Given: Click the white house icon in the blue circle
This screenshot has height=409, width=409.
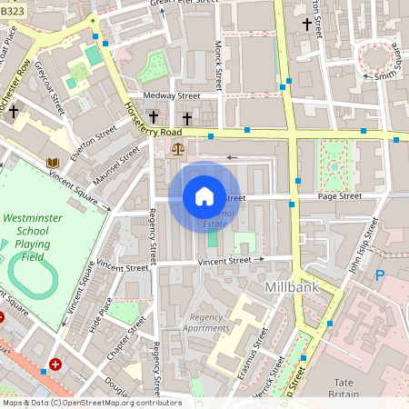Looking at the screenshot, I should [x=204, y=195].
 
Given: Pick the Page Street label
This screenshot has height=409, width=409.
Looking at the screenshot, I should [x=339, y=195].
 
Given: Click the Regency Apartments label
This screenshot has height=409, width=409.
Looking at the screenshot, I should [x=206, y=323].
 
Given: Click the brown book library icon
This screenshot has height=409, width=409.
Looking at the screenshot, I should [x=53, y=164].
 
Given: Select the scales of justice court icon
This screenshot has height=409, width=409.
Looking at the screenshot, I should [x=176, y=145].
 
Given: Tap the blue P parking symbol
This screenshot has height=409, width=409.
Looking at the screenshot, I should [x=380, y=275].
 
